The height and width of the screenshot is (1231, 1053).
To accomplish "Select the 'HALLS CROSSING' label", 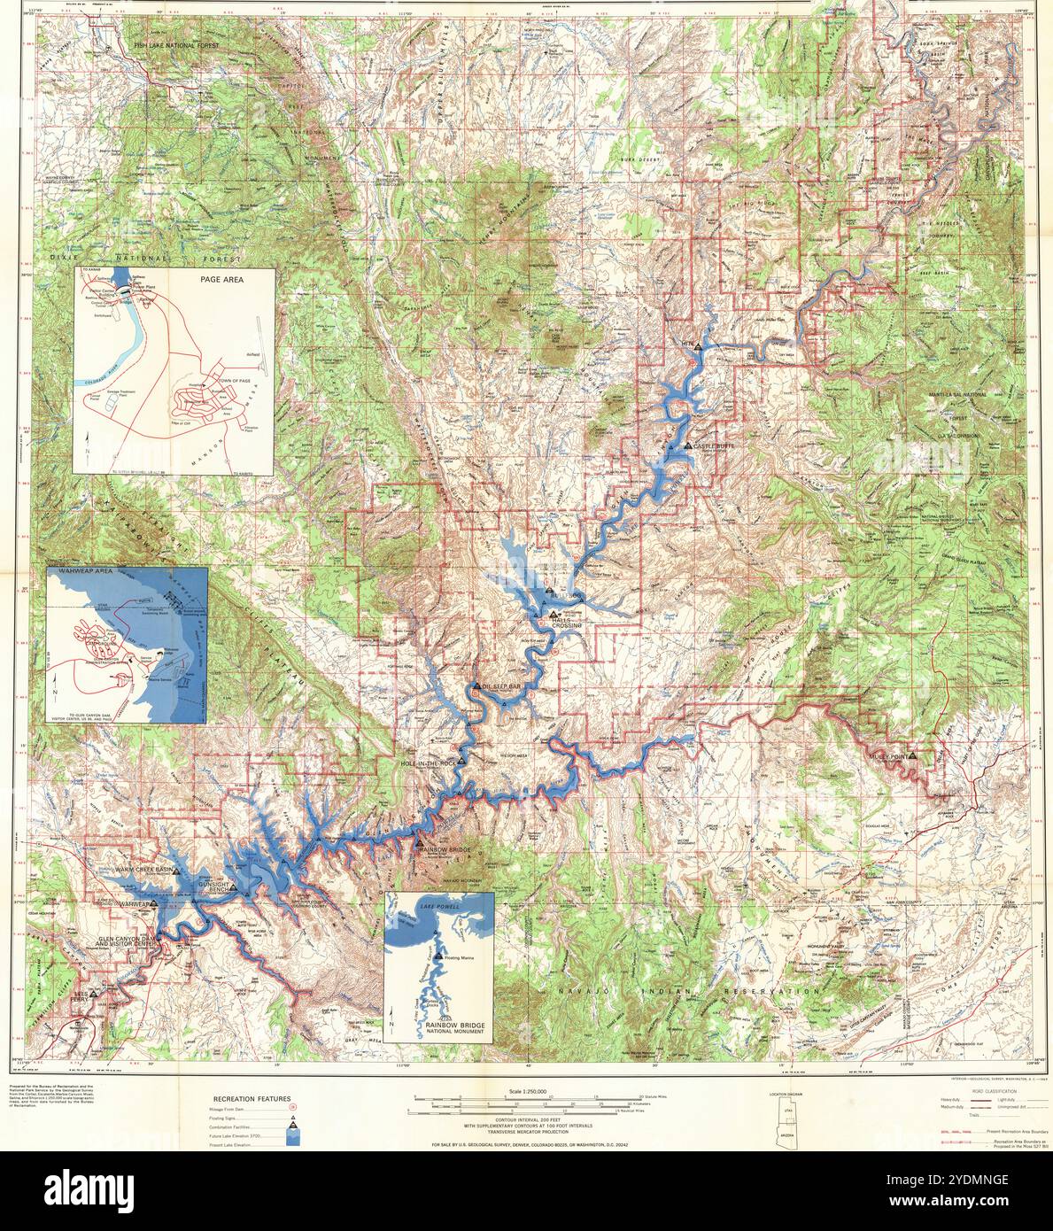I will pos(566,623).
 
